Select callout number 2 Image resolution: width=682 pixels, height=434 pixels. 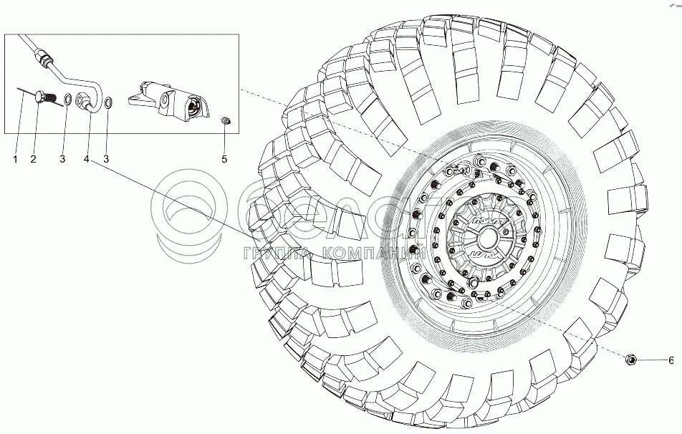[x=34, y=159]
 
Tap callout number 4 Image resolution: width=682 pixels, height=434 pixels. [x=87, y=159]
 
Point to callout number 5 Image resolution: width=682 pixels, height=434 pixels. [x=224, y=159]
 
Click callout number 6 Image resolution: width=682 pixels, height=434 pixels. [x=671, y=360]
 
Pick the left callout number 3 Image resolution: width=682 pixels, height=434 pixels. [x=62, y=159]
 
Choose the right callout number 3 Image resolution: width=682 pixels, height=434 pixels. [x=107, y=159]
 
